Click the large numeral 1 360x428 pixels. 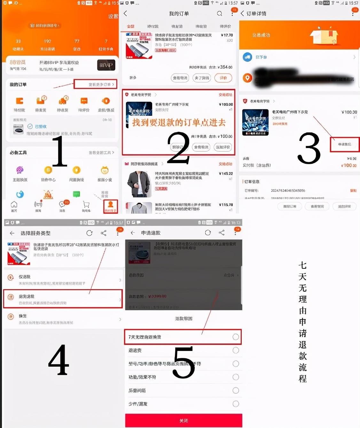[x=60, y=151]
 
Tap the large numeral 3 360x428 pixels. [x=309, y=148]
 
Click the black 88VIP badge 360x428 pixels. [x=106, y=65]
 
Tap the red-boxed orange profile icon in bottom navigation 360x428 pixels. [x=110, y=206]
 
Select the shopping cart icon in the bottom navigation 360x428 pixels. [x=86, y=205]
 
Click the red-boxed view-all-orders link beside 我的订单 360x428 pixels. [x=95, y=84]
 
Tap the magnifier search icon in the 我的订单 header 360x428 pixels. [x=219, y=13]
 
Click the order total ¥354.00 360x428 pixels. [x=224, y=67]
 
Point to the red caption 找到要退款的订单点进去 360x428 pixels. [x=179, y=123]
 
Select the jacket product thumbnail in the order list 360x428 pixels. [x=138, y=184]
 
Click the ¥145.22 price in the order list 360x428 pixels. [x=226, y=174]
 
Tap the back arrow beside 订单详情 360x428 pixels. [x=242, y=13]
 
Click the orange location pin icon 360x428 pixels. [x=247, y=78]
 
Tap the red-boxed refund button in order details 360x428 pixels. [x=345, y=145]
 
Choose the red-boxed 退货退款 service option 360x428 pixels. [x=63, y=299]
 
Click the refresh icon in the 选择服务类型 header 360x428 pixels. [x=90, y=233]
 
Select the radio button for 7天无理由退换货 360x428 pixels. [x=236, y=337]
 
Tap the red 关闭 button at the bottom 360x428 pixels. [x=184, y=421]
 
